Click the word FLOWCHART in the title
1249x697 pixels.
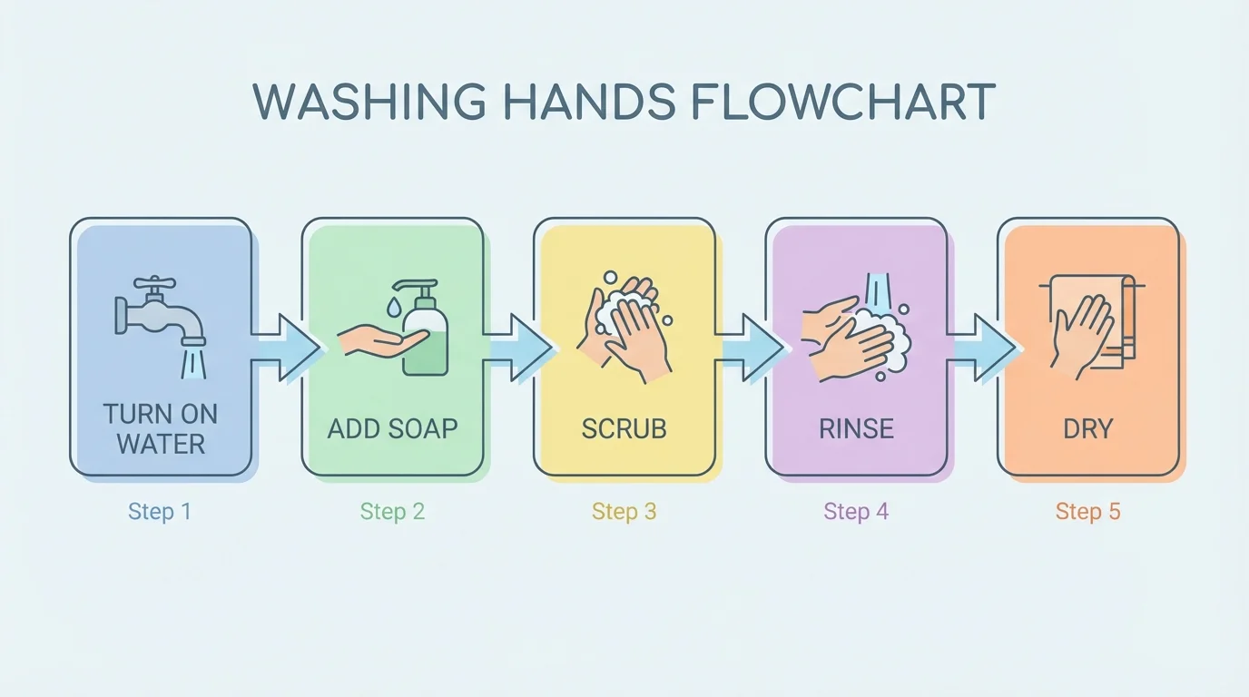click(842, 102)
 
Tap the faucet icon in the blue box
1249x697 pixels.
click(159, 313)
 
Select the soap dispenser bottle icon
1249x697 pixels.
click(425, 332)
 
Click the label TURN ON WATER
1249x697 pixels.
click(161, 429)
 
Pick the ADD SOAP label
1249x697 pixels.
click(392, 428)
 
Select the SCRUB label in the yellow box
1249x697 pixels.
click(624, 428)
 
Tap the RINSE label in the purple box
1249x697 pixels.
click(856, 428)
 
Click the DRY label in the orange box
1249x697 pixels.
click(1087, 428)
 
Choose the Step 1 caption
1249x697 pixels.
click(160, 512)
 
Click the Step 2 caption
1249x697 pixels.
click(392, 512)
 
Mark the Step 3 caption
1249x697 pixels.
click(624, 512)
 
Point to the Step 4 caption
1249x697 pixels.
click(856, 512)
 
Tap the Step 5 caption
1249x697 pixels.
click(1087, 512)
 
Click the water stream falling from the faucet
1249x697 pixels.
click(192, 363)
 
